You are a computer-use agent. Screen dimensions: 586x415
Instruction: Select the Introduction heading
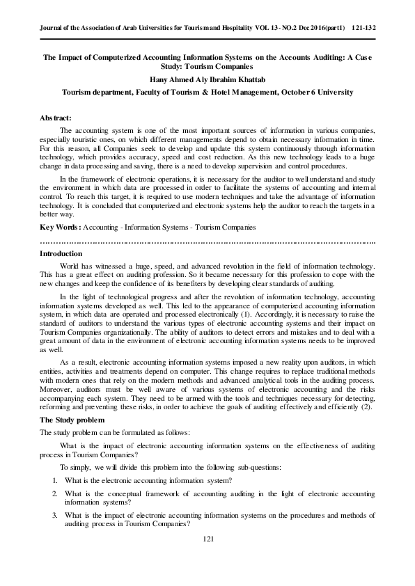(x=61, y=254)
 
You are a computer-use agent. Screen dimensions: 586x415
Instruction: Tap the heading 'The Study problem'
(x=69, y=420)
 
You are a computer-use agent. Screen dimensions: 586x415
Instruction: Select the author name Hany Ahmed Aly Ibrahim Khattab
(x=207, y=80)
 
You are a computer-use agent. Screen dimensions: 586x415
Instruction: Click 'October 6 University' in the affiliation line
(x=313, y=92)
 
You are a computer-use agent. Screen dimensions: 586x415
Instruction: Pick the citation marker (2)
(x=367, y=407)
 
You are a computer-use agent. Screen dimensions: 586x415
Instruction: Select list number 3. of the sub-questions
(x=55, y=516)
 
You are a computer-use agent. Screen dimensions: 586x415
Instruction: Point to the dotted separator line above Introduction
(x=207, y=242)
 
